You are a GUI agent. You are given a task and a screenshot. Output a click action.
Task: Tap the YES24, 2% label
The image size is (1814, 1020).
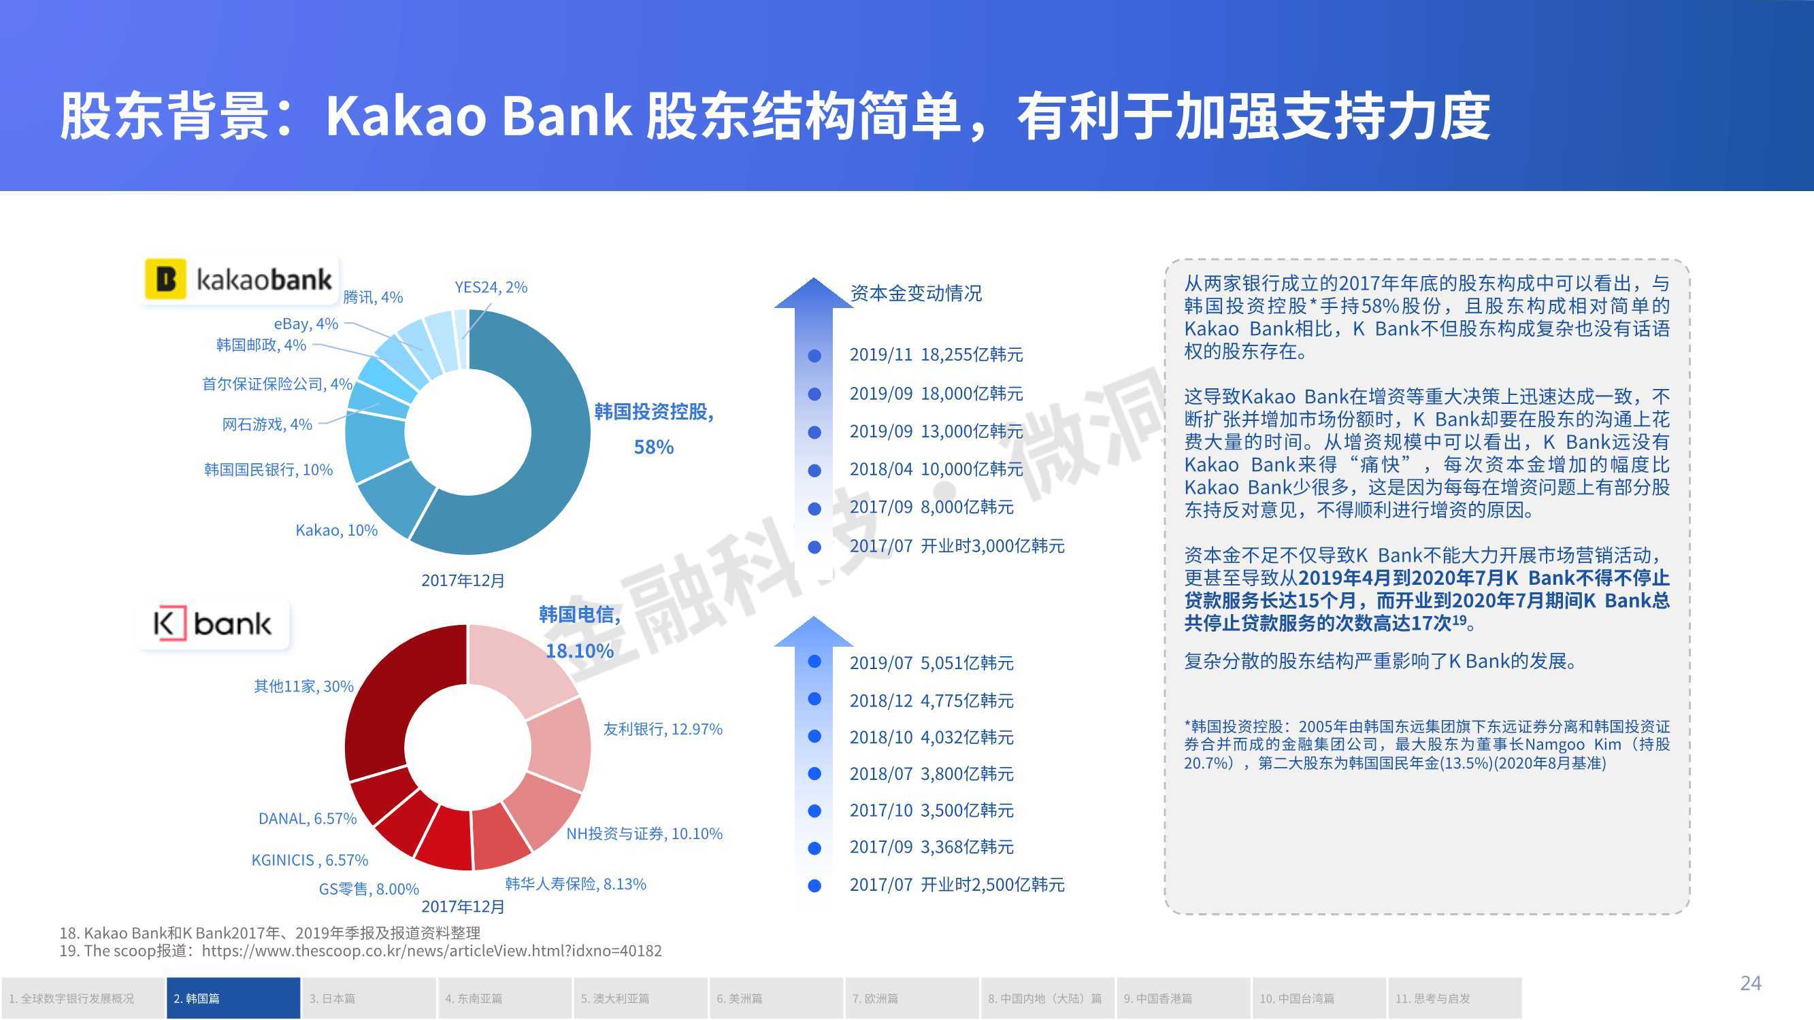pos(491,287)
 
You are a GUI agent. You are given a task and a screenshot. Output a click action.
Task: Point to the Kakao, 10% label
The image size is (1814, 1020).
pos(337,530)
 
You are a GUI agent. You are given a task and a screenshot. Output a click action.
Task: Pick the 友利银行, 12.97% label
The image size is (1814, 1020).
pos(663,728)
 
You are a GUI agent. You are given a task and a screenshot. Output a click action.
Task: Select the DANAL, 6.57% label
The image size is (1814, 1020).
pos(307,819)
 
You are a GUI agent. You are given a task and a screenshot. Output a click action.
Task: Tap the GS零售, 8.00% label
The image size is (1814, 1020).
pos(369,889)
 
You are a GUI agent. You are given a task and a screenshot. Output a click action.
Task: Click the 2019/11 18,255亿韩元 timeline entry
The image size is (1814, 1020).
pos(936,354)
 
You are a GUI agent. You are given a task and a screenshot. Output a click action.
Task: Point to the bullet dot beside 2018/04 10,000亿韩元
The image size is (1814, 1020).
pos(814,471)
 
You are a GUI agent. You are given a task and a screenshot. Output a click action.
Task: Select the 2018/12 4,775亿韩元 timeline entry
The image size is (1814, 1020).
pos(931,700)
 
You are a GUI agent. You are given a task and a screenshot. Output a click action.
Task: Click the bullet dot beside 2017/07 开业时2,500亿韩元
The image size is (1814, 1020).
pos(814,885)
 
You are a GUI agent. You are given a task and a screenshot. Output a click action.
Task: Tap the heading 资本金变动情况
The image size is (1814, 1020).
pos(915,293)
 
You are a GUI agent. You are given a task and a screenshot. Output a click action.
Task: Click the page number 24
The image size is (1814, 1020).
pos(1751,983)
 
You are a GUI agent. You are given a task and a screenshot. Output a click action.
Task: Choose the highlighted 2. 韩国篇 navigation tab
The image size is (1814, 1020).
pos(233,998)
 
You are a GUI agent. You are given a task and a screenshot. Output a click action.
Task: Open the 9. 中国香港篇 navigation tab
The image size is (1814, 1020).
pos(1183,998)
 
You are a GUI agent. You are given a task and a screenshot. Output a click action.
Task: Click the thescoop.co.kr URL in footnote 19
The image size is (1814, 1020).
pos(431,951)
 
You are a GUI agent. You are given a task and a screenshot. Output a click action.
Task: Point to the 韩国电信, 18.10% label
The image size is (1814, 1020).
pos(580,632)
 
